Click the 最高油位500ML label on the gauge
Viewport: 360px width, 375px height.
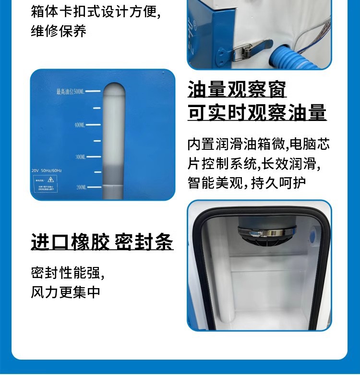70,91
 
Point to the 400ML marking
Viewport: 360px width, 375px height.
79,125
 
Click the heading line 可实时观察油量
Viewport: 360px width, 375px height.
257,112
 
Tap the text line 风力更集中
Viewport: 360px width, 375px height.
66,292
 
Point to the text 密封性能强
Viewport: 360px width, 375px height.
67,273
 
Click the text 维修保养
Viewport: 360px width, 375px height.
59,31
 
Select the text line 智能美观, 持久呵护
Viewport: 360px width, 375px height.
253,182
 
